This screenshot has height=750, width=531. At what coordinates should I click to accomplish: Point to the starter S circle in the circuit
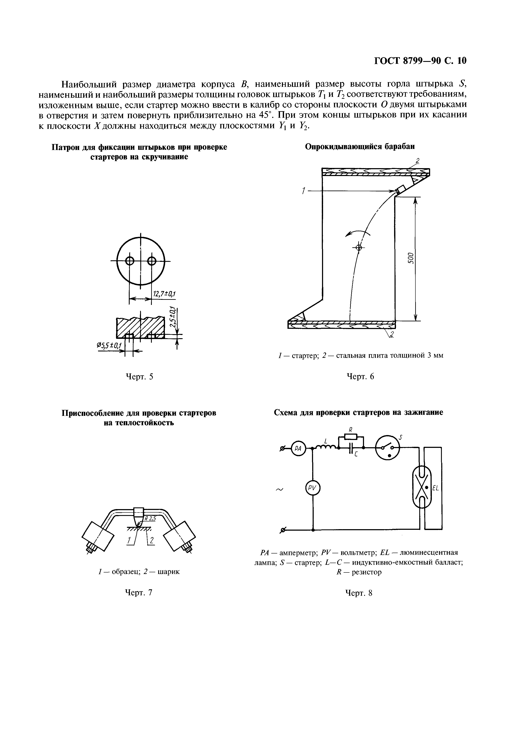(388, 448)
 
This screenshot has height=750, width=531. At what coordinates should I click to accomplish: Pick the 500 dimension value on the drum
(412, 258)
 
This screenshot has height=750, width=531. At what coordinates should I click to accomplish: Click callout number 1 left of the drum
(303, 191)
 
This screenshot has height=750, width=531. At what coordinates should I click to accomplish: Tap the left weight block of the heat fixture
(98, 536)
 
